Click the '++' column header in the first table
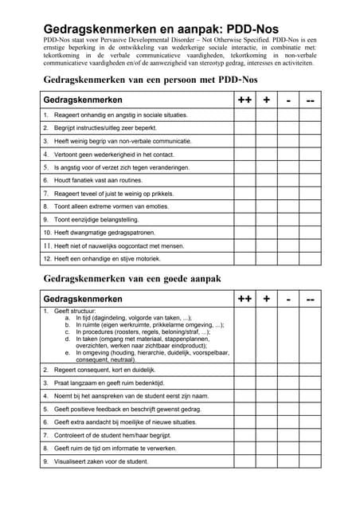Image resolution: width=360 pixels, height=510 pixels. click(x=244, y=100)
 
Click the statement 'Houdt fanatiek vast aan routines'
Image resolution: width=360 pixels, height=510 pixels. click(x=97, y=180)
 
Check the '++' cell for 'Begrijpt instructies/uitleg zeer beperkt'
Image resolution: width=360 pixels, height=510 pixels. click(x=244, y=127)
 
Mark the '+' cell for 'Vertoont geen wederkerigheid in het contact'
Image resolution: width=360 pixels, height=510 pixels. click(x=266, y=154)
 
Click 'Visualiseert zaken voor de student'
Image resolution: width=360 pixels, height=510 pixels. click(x=100, y=461)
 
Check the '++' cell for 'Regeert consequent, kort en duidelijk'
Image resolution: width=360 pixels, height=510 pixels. click(x=244, y=370)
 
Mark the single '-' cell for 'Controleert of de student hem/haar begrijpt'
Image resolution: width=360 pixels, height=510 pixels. click(x=288, y=435)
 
